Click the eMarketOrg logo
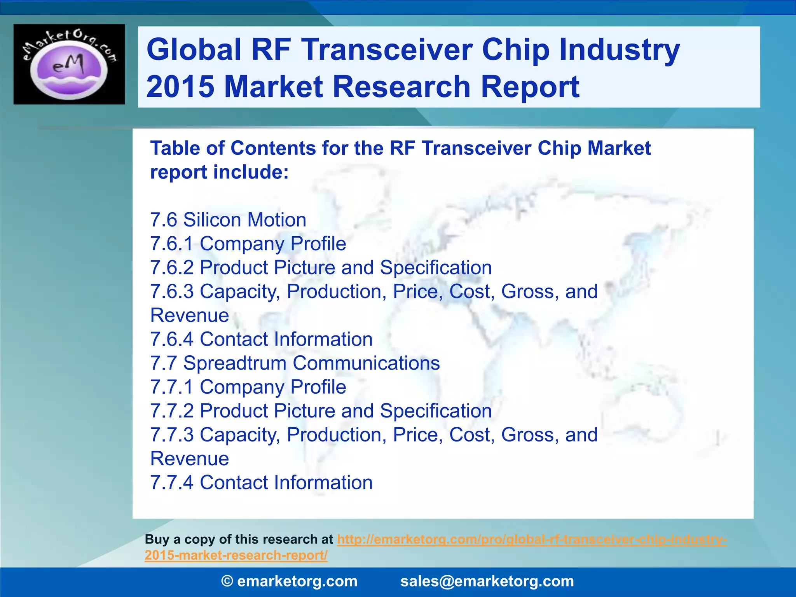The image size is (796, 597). [x=69, y=64]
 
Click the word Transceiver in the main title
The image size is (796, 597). [x=387, y=50]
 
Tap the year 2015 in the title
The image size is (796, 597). [x=180, y=87]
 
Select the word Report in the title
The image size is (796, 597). [x=530, y=87]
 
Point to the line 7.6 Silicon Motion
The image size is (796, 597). [x=228, y=220]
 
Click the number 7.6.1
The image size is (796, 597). [x=171, y=244]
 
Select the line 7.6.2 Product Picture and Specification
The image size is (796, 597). [x=321, y=268]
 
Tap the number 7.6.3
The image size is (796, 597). [x=171, y=292]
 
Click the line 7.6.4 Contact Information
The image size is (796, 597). [x=261, y=339]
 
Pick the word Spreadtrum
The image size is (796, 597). [x=235, y=363]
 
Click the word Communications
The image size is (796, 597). [x=366, y=363]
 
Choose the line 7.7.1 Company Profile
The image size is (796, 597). [x=248, y=387]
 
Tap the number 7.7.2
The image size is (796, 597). [x=171, y=411]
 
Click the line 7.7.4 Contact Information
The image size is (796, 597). [x=261, y=483]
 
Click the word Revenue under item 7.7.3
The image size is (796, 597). [x=190, y=459]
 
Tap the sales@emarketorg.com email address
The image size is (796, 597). [x=487, y=581]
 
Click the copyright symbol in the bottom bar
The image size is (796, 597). [x=227, y=581]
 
